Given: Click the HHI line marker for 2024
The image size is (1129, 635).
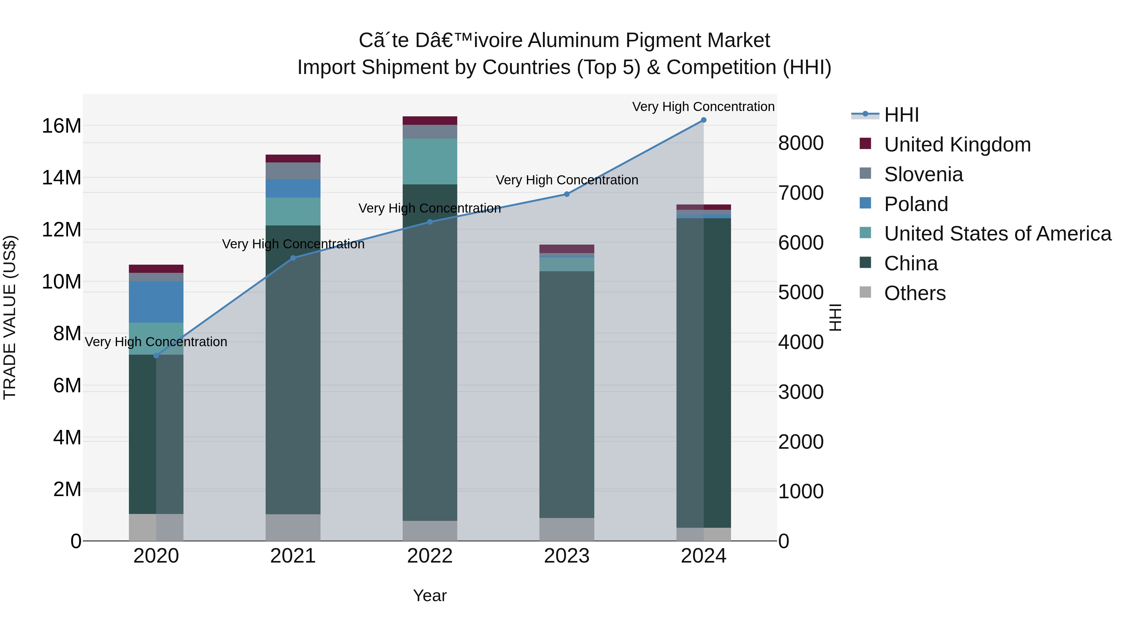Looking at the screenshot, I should (703, 120).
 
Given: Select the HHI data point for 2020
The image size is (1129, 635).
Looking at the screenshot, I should (156, 355).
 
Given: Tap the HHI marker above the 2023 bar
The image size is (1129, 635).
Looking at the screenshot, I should (567, 194).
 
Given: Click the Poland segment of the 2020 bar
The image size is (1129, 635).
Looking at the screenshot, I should (156, 302).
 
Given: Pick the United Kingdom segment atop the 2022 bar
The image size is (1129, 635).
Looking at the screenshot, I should (430, 120).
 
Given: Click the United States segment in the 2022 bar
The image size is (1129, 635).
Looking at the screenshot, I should (430, 161).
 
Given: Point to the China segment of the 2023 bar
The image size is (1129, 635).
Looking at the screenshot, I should (567, 394).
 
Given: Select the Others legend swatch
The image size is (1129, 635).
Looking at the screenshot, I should (865, 292).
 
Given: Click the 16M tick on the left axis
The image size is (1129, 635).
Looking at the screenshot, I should (61, 126).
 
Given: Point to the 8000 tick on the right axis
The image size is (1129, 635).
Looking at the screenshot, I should (801, 143).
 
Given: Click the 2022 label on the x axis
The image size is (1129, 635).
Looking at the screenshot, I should (430, 556).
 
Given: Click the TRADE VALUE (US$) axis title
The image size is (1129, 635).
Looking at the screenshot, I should (10, 317).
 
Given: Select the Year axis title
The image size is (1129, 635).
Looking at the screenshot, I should (430, 595).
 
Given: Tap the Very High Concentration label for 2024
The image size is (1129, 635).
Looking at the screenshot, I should (703, 107).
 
